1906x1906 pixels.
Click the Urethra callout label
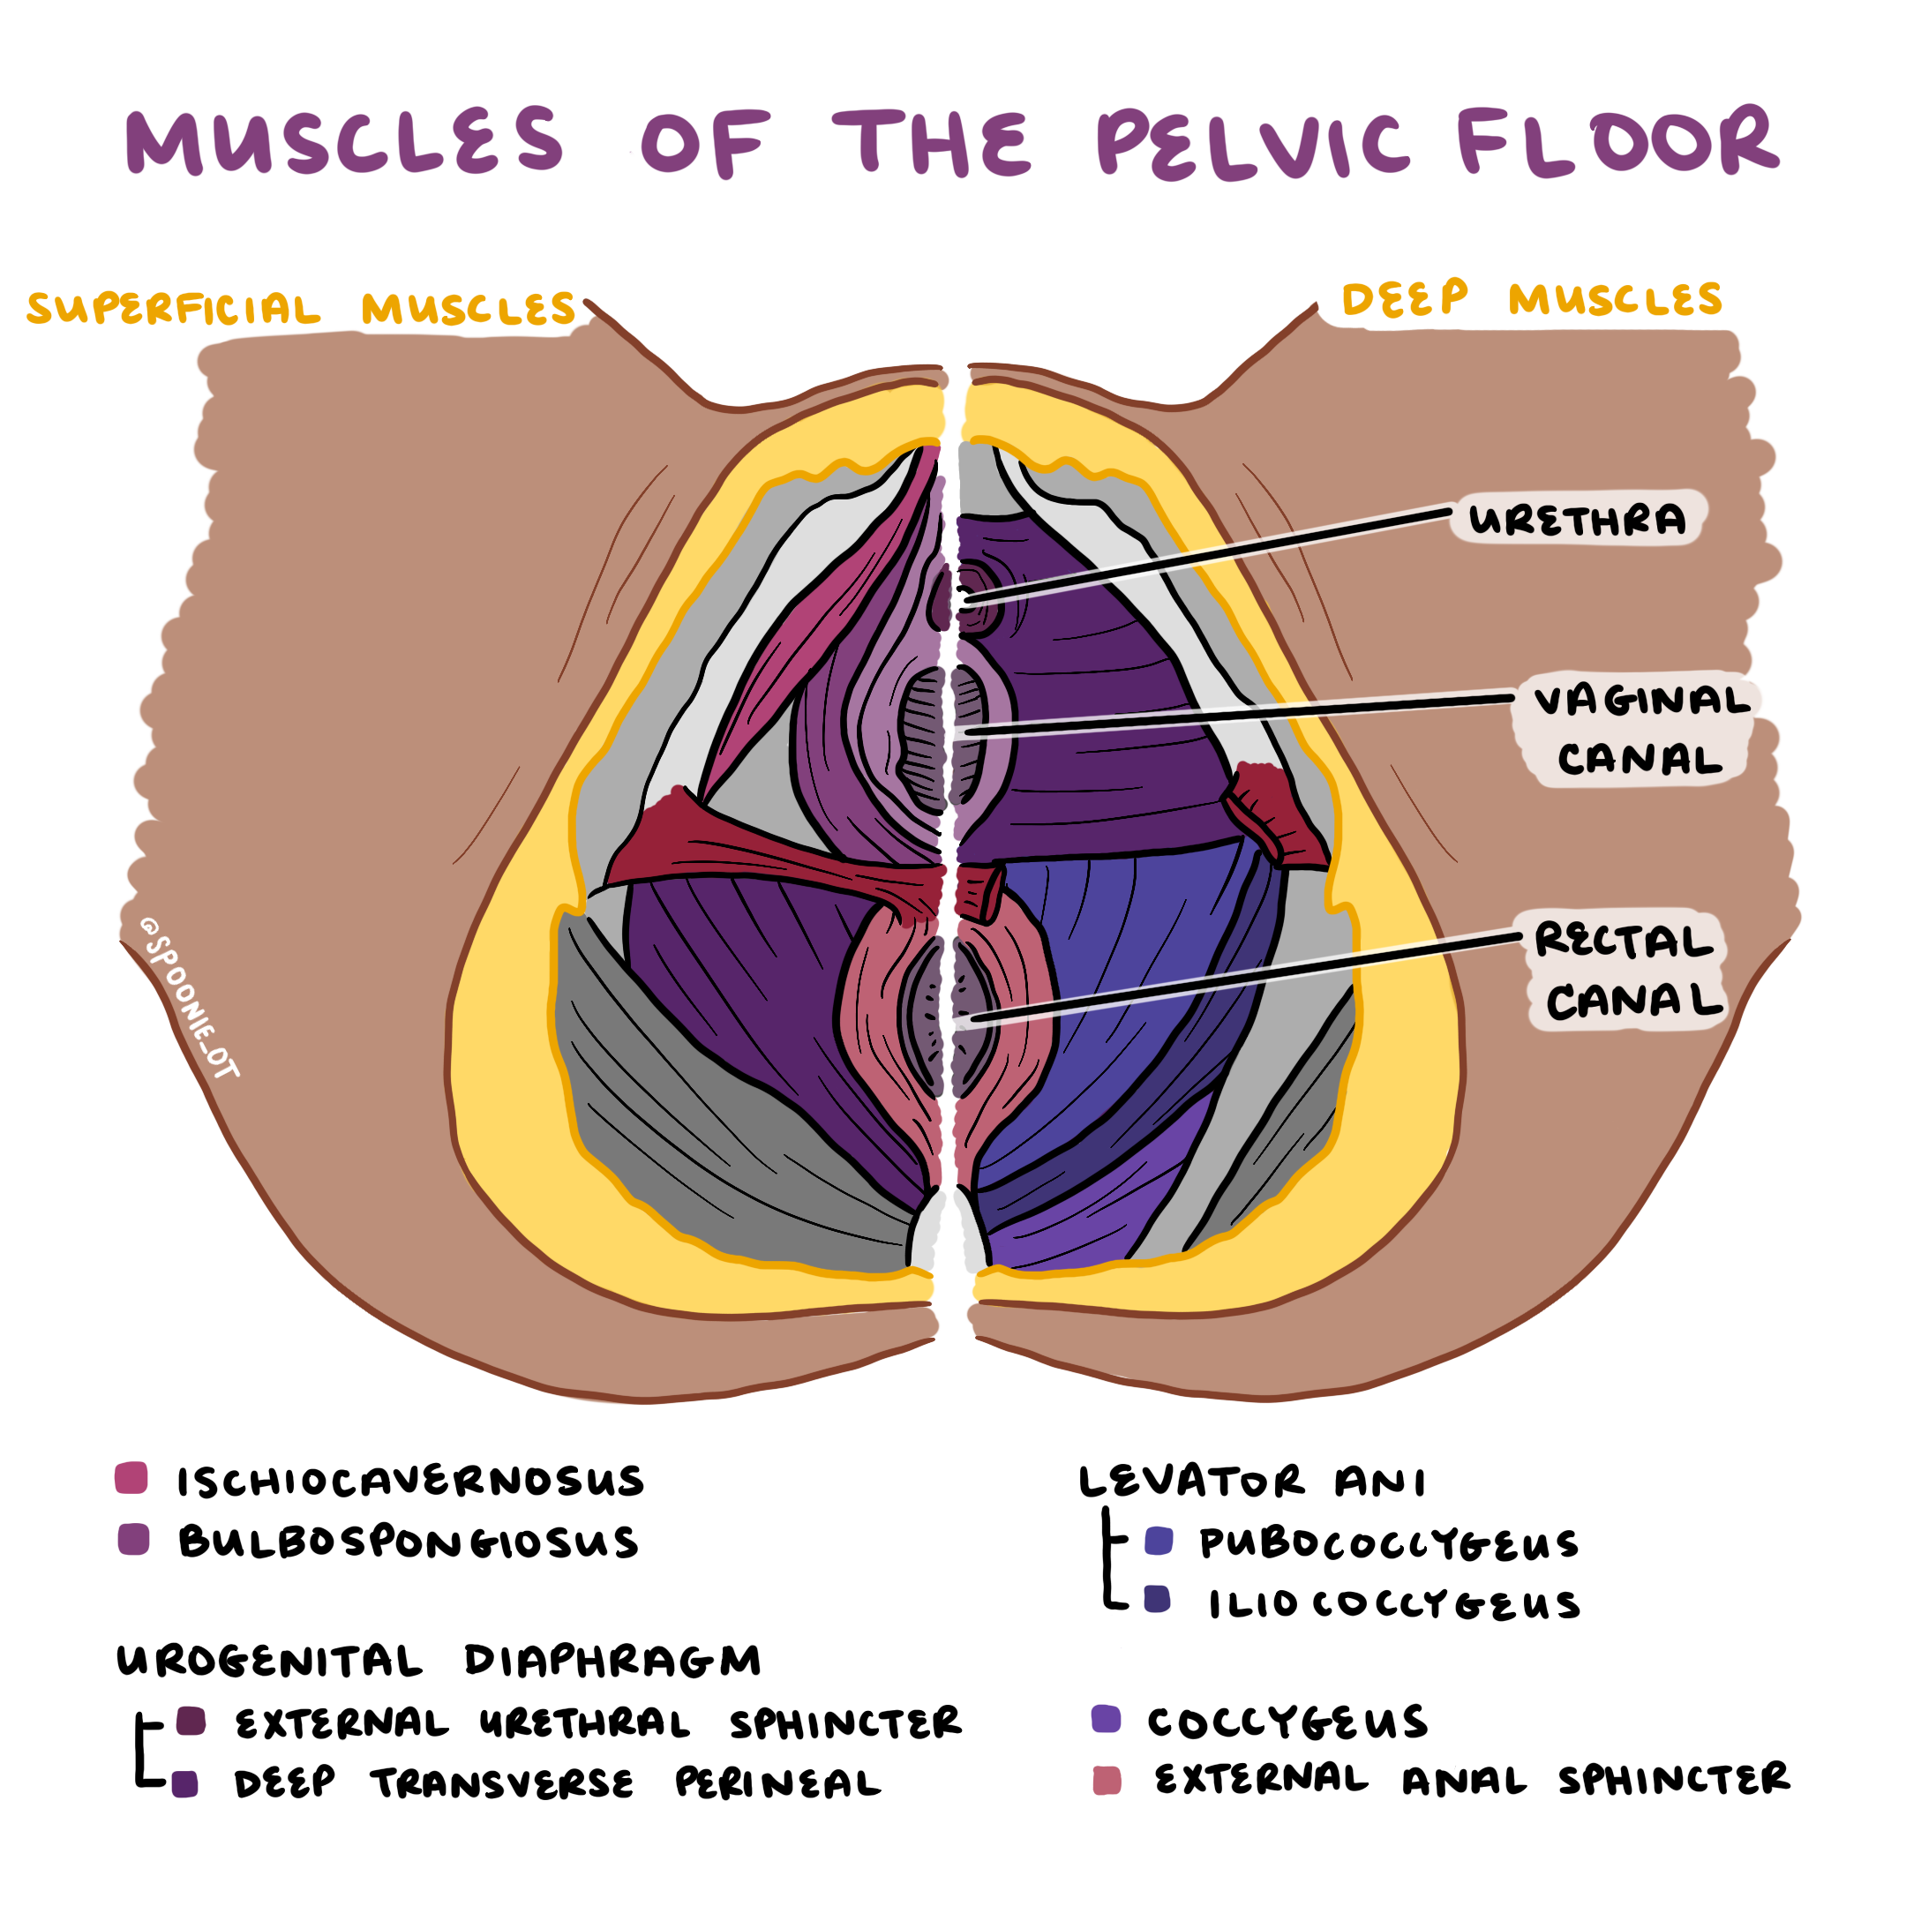(x=1577, y=519)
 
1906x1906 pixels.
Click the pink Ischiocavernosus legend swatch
(x=131, y=1478)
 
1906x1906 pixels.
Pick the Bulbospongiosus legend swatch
(x=133, y=1539)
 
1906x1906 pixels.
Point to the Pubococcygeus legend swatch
(x=1159, y=1541)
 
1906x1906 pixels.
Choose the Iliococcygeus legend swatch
(x=1157, y=1599)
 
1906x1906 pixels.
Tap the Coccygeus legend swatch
(x=1107, y=1719)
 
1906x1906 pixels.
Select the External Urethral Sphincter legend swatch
(x=191, y=1722)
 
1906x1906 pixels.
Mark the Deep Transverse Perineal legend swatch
(x=184, y=1783)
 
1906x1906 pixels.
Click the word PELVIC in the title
(x=1253, y=144)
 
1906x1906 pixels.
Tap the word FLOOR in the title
(x=1618, y=142)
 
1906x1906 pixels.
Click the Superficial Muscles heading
(x=301, y=309)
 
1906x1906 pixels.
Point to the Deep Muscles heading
(x=1531, y=299)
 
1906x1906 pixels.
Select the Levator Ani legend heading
(x=1251, y=1482)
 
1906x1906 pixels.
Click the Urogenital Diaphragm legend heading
(x=439, y=1662)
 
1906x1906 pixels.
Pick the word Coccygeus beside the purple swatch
(x=1287, y=1722)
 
